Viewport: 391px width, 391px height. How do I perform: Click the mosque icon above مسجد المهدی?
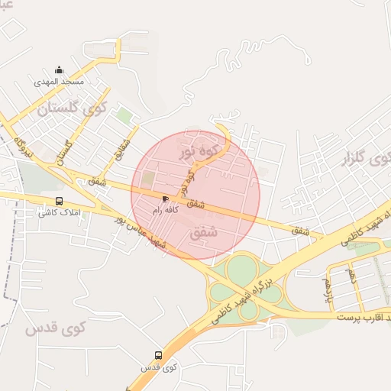click(x=60, y=70)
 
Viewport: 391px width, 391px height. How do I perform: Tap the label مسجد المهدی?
click(x=60, y=81)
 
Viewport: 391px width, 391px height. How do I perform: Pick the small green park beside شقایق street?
click(x=124, y=115)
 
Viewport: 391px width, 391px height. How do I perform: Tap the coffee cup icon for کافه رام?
click(x=166, y=199)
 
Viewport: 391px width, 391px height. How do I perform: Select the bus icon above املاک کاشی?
click(x=60, y=202)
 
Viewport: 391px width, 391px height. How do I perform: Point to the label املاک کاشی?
click(x=60, y=212)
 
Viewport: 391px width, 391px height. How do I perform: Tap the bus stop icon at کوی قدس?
click(x=159, y=356)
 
